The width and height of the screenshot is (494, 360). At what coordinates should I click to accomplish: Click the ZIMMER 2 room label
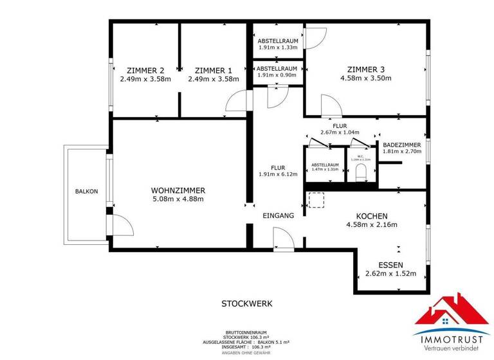(x=145, y=71)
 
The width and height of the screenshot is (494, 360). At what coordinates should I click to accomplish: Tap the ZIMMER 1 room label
(x=213, y=71)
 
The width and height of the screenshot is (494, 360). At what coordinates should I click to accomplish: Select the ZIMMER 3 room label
(x=365, y=69)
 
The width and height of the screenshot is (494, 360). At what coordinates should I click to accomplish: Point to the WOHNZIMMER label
(x=178, y=190)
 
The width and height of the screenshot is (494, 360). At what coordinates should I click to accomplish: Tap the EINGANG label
(x=278, y=216)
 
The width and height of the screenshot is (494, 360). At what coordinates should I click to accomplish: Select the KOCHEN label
(x=372, y=216)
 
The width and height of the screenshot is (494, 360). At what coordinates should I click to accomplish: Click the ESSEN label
(x=390, y=264)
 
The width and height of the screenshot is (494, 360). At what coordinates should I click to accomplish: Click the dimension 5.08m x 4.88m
(x=178, y=199)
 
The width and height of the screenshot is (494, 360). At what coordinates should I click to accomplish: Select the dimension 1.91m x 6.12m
(x=278, y=174)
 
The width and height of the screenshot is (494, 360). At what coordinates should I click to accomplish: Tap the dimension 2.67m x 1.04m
(x=340, y=132)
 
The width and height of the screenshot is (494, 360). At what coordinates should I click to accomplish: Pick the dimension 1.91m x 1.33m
(x=277, y=48)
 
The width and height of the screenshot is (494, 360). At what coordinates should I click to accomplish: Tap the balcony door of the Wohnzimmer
(x=122, y=225)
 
